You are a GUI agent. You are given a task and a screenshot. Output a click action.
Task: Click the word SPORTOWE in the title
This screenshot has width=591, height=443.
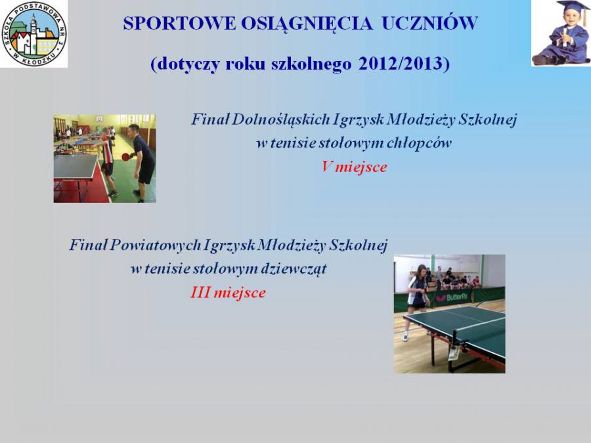pyautogui.click(x=179, y=23)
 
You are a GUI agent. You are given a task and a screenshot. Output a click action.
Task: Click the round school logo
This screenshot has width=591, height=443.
pyautogui.click(x=34, y=33)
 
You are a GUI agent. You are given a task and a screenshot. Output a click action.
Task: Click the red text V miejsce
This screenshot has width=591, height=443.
pyautogui.click(x=354, y=167)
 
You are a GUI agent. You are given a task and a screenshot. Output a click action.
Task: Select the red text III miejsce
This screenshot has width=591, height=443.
pyautogui.click(x=228, y=293)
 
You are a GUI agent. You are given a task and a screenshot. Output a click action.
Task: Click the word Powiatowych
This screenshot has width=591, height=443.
pyautogui.click(x=155, y=245)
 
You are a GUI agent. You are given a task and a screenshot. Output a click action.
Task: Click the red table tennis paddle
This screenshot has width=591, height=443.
pyautogui.click(x=126, y=156)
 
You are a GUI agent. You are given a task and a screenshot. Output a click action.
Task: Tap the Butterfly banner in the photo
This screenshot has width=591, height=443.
pyautogui.click(x=452, y=297)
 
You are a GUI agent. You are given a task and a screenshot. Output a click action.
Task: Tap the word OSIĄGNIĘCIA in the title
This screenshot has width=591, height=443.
pyautogui.click(x=307, y=24)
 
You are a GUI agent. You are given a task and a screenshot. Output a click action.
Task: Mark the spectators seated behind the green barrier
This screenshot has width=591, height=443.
pyautogui.click(x=454, y=279)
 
